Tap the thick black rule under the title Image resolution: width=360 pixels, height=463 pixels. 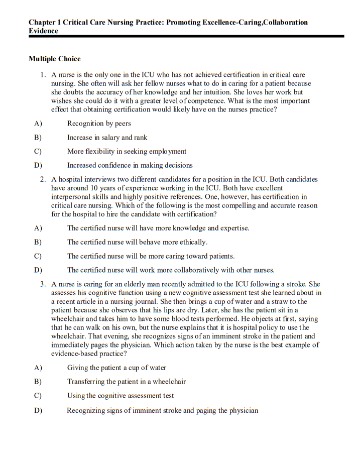186,37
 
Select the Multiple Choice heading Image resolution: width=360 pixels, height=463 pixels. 54,59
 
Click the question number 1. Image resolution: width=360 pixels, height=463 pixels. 43,75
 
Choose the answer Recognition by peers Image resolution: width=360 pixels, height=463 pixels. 99,124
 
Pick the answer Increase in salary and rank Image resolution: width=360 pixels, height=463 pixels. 107,138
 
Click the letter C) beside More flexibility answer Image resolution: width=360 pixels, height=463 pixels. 38,151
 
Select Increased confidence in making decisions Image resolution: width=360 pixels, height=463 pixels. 130,165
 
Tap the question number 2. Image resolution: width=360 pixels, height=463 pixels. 43,179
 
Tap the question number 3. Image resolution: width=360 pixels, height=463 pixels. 43,284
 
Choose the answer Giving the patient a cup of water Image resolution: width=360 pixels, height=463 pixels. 116,368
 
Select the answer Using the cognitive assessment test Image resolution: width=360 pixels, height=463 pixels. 121,396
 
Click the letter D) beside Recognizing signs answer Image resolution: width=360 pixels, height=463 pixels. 38,411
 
